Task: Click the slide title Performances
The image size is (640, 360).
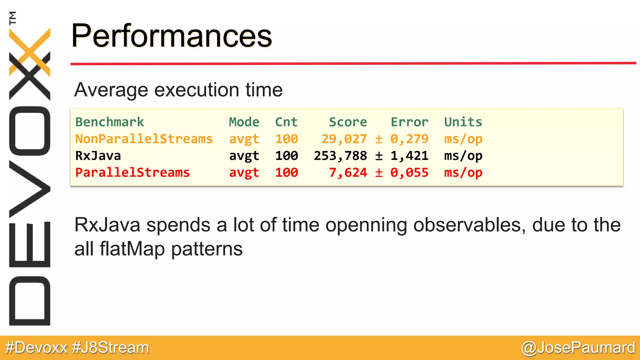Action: (172, 36)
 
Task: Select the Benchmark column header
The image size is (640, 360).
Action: (109, 122)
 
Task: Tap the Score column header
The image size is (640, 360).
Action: (348, 122)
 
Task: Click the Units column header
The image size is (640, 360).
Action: (463, 122)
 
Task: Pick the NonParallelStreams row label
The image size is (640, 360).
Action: (144, 139)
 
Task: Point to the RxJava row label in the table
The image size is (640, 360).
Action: (98, 156)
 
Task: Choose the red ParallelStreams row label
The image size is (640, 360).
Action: (132, 172)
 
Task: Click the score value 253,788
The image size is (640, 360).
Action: (340, 156)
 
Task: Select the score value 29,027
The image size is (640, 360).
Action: (344, 139)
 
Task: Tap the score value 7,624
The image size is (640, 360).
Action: (348, 172)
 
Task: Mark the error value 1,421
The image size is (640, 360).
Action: (409, 156)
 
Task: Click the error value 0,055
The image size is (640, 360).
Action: (409, 172)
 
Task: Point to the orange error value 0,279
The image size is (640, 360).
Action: (409, 139)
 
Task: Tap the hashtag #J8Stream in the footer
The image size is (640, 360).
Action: (110, 348)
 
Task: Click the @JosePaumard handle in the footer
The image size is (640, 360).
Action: (578, 348)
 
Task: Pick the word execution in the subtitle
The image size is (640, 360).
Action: (197, 90)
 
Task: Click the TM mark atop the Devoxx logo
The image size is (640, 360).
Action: (12, 18)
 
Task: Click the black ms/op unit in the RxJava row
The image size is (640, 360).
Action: (463, 156)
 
